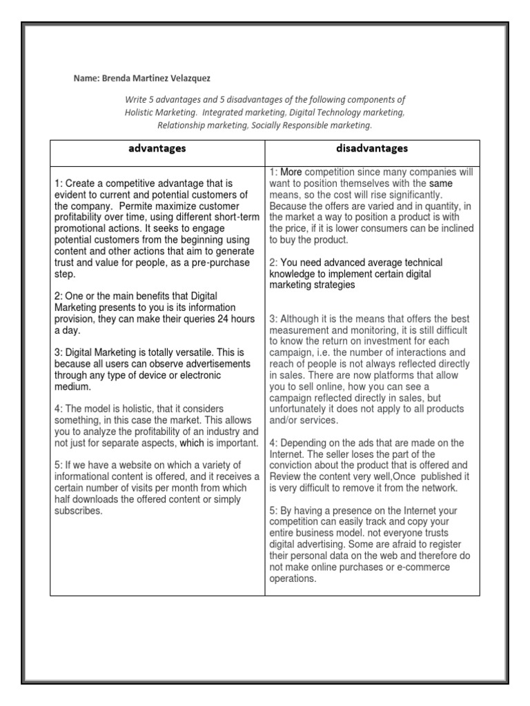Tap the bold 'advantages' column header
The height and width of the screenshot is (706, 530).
pos(157,149)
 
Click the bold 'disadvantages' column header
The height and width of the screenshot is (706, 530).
pos(373,148)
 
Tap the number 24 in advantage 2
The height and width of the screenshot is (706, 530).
pos(220,319)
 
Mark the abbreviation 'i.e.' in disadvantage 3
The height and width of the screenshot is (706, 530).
pos(330,352)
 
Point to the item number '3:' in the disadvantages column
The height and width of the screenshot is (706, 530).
pos(274,319)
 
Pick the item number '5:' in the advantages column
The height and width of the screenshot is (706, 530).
pos(59,465)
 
